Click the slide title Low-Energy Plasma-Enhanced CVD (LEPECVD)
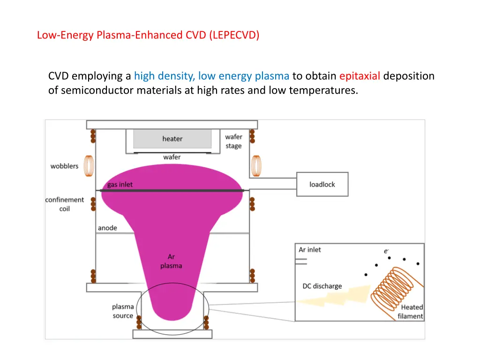click(148, 35)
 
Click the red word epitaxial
click(360, 76)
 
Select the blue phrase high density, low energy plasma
click(211, 76)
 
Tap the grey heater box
click(172, 139)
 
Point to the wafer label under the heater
click(172, 157)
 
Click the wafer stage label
click(233, 141)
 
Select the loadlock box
click(322, 184)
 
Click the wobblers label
click(65, 166)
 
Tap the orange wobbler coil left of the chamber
click(88, 165)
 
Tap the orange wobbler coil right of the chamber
click(256, 165)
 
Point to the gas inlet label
click(120, 185)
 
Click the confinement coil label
click(65, 204)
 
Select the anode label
click(107, 228)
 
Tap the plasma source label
click(123, 311)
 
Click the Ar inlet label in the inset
click(310, 250)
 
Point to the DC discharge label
click(322, 286)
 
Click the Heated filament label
click(411, 312)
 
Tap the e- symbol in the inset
click(386, 251)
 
